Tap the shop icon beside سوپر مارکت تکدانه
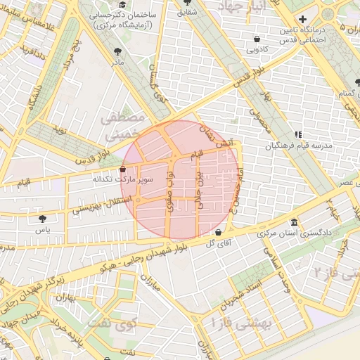click(123, 169)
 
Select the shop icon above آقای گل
click(218, 233)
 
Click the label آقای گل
click(218, 243)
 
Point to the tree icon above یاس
click(44, 219)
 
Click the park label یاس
click(44, 229)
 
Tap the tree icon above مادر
click(117, 51)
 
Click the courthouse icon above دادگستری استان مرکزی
click(293, 222)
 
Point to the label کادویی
click(257, 50)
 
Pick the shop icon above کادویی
click(257, 39)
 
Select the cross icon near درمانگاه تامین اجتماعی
click(302, 19)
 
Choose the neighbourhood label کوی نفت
click(127, 326)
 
